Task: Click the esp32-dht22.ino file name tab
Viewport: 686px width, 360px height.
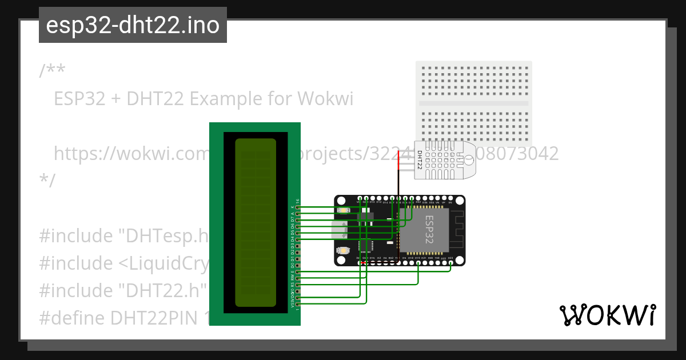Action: tap(133, 26)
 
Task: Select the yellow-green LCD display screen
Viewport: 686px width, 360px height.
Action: tap(256, 223)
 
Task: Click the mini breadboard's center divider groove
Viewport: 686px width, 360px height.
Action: tap(474, 103)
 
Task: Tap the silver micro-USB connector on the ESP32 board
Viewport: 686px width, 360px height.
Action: tap(338, 230)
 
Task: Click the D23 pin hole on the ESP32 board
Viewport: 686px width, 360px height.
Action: tap(450, 263)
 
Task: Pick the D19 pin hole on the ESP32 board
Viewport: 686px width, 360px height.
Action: tap(418, 263)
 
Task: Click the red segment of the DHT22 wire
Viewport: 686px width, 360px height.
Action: tap(399, 163)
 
